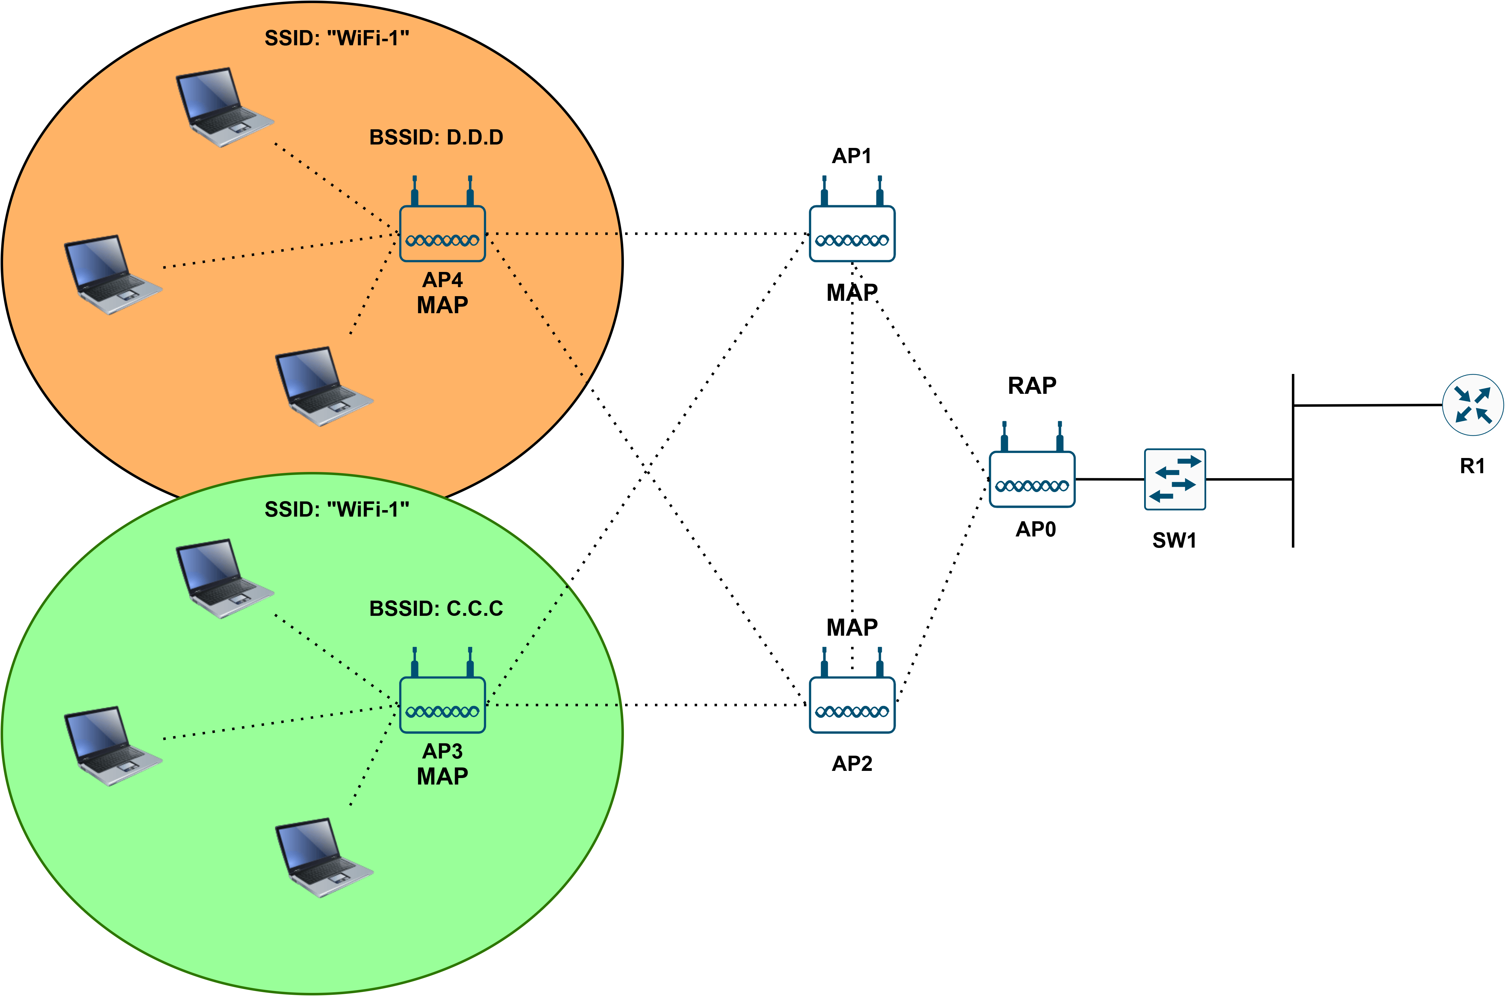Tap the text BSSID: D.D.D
(x=436, y=137)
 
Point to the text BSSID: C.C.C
(x=436, y=608)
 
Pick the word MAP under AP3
(x=442, y=776)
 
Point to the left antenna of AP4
(x=414, y=191)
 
